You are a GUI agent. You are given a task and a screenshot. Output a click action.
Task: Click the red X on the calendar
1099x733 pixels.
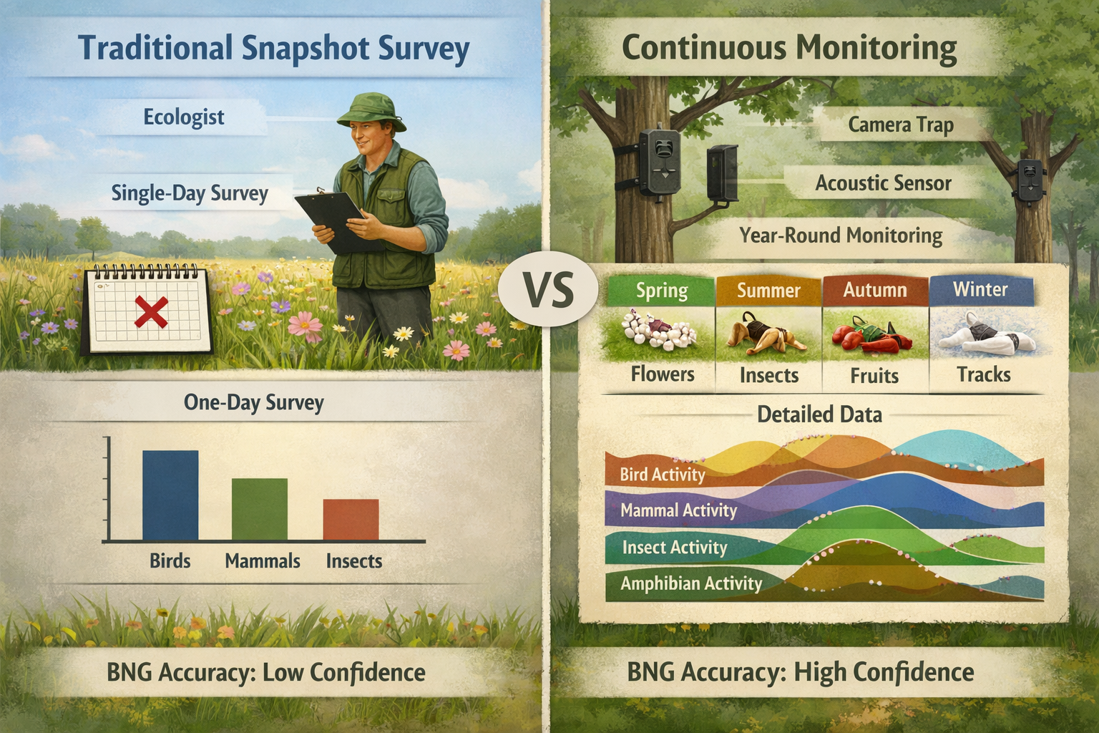[152, 313]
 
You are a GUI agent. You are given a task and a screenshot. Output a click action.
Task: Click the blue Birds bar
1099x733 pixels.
[170, 495]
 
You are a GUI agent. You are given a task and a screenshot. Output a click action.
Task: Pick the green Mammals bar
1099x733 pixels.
[259, 509]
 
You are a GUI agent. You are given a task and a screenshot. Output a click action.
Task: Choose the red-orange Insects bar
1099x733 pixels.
[351, 519]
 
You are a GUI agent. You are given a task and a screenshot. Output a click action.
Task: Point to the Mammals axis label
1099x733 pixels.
[263, 561]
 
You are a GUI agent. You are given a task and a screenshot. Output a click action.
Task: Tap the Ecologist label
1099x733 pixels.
[184, 117]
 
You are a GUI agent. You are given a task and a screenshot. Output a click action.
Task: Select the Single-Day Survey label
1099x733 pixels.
[190, 194]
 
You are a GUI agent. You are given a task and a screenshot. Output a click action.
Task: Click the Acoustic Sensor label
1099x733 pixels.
[883, 184]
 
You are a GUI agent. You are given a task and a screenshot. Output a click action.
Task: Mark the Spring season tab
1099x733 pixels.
[661, 291]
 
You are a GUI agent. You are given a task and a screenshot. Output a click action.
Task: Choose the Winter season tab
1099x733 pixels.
[980, 290]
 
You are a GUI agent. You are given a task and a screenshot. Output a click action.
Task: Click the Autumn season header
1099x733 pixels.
[874, 291]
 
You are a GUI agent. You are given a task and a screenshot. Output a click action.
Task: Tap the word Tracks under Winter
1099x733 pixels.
[984, 374]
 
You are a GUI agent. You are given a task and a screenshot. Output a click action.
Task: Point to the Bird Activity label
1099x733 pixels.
[662, 475]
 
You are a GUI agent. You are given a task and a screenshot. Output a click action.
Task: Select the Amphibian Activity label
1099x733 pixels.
[690, 583]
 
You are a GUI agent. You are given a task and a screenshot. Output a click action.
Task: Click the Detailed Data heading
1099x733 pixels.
[819, 414]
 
